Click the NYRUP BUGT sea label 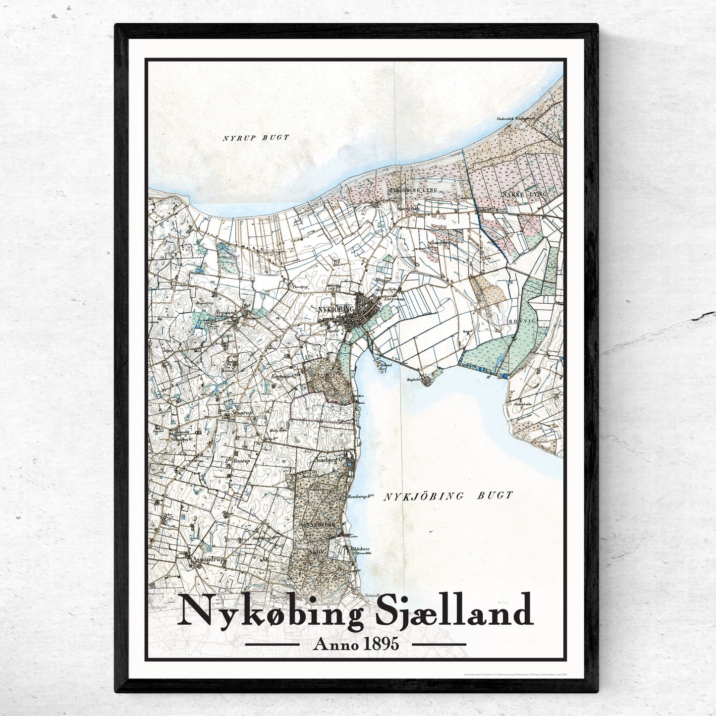pyautogui.click(x=255, y=138)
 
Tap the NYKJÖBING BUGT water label pyautogui.click(x=448, y=495)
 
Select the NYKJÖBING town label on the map pyautogui.click(x=336, y=309)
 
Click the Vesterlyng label pyautogui.click(x=269, y=251)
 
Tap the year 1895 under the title pyautogui.click(x=381, y=644)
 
